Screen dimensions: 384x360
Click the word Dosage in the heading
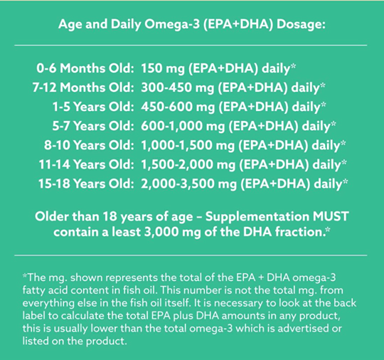point(301,25)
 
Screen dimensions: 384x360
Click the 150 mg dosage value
point(163,68)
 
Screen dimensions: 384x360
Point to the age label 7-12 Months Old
point(83,88)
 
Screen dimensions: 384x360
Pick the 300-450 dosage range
point(166,88)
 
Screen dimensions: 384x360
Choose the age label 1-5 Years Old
point(93,107)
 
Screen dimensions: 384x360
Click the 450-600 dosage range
point(166,107)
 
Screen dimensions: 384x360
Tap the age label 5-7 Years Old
point(93,126)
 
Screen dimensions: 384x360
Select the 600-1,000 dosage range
point(171,126)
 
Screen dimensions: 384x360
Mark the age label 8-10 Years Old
point(89,145)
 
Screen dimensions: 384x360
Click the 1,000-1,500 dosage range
point(176,145)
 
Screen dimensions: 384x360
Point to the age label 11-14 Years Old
point(87,164)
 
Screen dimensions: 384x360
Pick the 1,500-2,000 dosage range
point(177,164)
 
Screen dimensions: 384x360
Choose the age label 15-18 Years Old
point(86,184)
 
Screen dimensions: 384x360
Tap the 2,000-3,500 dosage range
point(177,184)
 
